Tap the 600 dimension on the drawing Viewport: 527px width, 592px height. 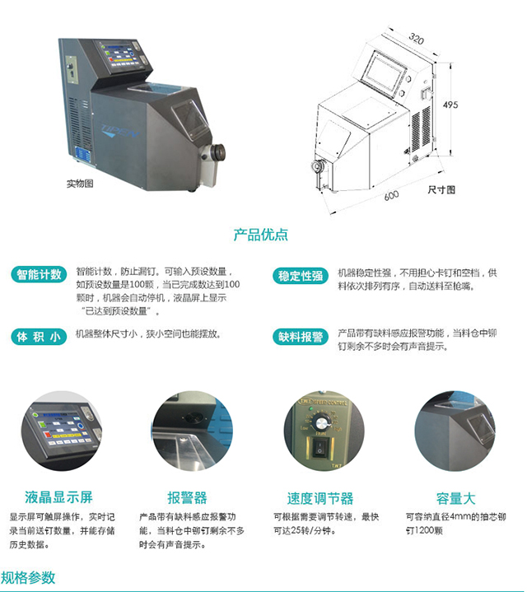(x=391, y=195)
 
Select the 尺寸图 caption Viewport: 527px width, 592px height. (x=441, y=189)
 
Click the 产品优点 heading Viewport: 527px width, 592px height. (x=261, y=235)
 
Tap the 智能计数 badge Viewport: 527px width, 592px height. (x=38, y=275)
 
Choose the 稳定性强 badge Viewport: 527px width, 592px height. (x=301, y=275)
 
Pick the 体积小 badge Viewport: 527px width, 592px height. (x=38, y=336)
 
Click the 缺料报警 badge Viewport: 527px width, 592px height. (x=301, y=336)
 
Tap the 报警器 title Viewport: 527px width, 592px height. (x=187, y=497)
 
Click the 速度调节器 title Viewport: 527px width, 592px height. (x=320, y=497)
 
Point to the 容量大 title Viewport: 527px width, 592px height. (x=455, y=497)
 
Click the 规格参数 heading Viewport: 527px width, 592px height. (x=28, y=577)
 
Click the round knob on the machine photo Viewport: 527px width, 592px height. (x=218, y=152)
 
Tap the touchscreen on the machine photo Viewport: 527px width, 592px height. (x=124, y=55)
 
